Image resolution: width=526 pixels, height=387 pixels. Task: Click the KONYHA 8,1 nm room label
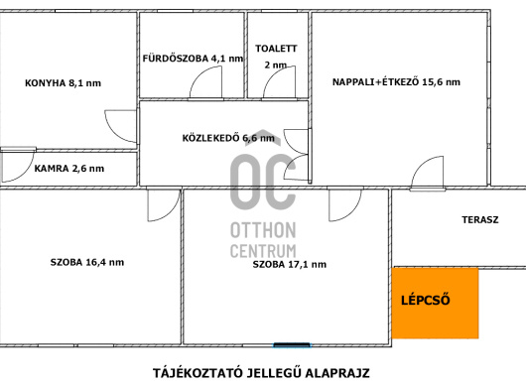tap(64, 83)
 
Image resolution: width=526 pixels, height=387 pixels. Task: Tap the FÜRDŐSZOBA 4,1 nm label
tap(193, 59)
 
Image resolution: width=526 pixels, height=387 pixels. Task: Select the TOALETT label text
tap(276, 49)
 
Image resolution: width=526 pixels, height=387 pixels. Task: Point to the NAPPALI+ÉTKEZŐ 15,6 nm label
tap(396, 82)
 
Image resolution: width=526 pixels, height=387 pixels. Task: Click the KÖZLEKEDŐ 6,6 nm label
tap(228, 138)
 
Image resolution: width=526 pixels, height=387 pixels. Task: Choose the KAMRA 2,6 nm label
tap(69, 169)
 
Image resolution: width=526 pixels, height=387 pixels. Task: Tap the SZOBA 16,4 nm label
tap(87, 262)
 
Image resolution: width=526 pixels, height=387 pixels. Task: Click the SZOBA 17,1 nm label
tap(289, 264)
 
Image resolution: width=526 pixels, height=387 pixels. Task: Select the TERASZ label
tap(480, 220)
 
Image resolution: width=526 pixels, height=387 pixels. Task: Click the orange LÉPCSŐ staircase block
tap(435, 303)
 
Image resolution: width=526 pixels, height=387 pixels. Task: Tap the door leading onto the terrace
tap(421, 164)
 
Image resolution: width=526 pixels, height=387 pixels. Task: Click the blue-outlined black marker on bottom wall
tap(292, 345)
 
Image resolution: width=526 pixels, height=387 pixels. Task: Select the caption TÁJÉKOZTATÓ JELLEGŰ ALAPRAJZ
tap(261, 373)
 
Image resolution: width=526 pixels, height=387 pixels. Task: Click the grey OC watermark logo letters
tap(263, 183)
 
